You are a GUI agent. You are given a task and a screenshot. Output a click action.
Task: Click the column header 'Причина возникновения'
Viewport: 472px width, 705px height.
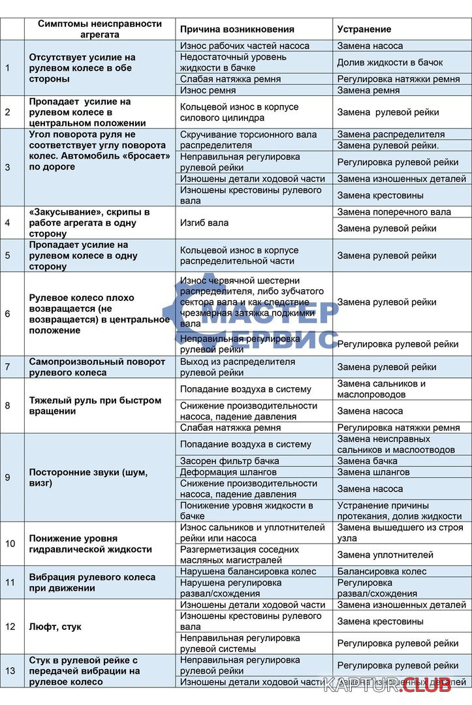[x=237, y=29]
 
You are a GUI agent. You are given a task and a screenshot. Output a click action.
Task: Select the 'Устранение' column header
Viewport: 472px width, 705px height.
[x=364, y=29]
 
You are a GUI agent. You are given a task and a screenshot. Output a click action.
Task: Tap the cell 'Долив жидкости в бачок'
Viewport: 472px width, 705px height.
[x=390, y=63]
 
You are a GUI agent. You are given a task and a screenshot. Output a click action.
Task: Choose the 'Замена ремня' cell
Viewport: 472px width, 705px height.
[x=368, y=90]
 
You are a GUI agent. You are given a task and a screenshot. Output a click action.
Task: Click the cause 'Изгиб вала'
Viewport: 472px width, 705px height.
[x=204, y=223]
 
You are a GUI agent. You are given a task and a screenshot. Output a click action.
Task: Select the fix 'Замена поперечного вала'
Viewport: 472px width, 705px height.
[x=394, y=211]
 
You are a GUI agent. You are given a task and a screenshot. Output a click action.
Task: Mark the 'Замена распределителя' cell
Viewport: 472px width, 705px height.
[x=390, y=134]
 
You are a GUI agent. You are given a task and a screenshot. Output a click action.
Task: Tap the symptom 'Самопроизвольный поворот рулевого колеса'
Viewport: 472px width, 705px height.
[x=97, y=367]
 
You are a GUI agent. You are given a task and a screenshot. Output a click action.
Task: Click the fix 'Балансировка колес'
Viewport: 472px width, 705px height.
[x=381, y=571]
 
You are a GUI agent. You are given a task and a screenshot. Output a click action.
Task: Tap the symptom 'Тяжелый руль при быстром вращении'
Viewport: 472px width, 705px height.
[x=95, y=405]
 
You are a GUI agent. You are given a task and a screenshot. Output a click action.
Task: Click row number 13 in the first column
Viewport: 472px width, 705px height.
[x=8, y=670]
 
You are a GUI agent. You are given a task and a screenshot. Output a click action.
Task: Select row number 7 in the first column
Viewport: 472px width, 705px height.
[x=8, y=367]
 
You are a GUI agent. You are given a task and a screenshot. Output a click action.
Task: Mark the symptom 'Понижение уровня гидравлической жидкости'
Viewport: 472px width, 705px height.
[x=90, y=544]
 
